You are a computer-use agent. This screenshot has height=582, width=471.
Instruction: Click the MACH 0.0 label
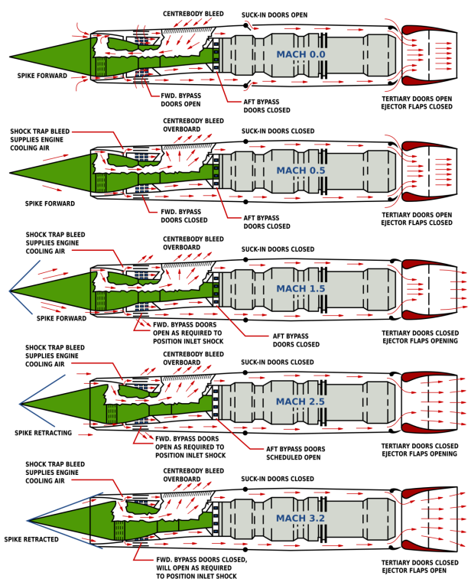click(x=300, y=55)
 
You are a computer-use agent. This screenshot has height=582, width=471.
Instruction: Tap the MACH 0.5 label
click(x=300, y=171)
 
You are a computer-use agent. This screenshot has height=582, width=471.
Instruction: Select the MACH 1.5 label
click(x=300, y=289)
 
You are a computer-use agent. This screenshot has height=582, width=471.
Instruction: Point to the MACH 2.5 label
click(x=300, y=402)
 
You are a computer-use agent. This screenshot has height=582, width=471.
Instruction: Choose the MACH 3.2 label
click(x=300, y=519)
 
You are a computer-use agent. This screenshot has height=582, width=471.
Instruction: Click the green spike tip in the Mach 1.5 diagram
click(x=12, y=291)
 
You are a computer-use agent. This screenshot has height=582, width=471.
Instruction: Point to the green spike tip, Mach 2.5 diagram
click(x=22, y=405)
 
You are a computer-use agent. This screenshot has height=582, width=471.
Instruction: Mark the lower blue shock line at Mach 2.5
click(x=38, y=415)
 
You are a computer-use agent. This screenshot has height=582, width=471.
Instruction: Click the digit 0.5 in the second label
click(x=316, y=171)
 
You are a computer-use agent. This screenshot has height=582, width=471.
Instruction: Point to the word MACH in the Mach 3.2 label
click(x=291, y=519)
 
